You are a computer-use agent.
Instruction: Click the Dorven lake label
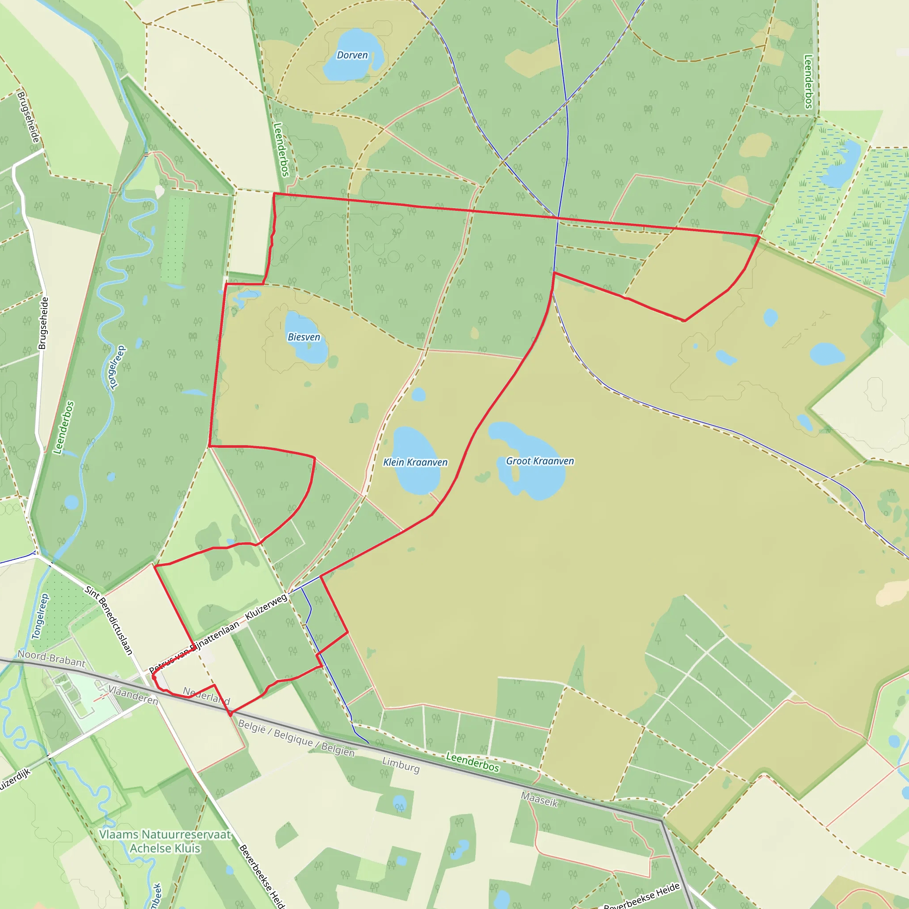tap(352, 55)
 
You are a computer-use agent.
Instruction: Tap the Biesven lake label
tap(304, 337)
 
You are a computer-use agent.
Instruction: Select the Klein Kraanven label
tap(415, 462)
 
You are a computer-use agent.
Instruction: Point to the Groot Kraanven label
tap(540, 461)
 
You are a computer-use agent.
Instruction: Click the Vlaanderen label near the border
tap(133, 695)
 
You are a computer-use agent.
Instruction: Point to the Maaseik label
tap(539, 799)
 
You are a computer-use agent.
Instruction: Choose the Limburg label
tap(400, 765)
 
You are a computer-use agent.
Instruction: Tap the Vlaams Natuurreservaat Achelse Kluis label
tap(165, 841)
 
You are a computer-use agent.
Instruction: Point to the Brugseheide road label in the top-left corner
tap(28, 117)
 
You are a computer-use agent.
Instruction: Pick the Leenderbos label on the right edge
tap(808, 82)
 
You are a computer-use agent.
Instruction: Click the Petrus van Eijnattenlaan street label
tap(194, 646)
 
